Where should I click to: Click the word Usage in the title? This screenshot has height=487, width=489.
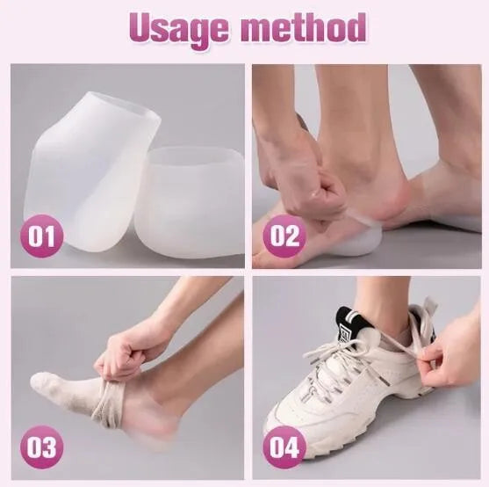coord(179,29)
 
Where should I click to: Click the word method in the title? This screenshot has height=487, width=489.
coord(304,27)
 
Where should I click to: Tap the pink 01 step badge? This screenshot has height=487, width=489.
coord(41,236)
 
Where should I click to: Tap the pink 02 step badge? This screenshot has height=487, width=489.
coord(284,236)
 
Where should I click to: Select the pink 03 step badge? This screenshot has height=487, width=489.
coord(41,447)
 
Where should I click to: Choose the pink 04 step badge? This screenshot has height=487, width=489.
coord(284,447)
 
